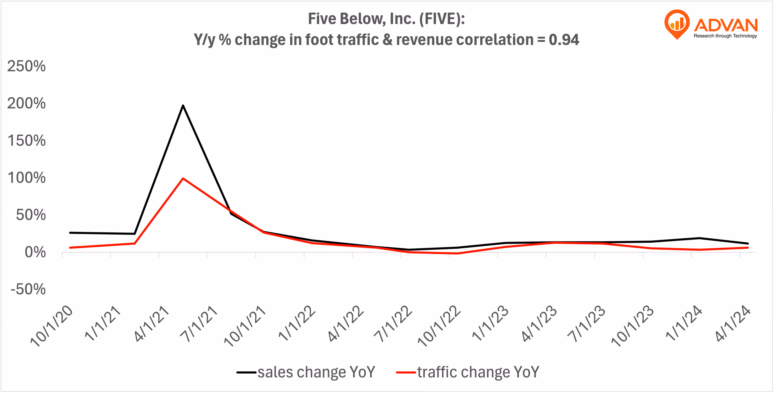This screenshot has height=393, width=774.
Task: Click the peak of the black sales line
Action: [x=183, y=106]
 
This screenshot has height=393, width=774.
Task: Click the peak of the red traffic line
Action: [x=183, y=179]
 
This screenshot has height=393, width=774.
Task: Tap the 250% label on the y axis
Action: [x=26, y=66]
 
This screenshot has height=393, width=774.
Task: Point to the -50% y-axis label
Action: [x=28, y=289]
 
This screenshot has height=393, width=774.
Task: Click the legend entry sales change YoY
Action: [x=316, y=372]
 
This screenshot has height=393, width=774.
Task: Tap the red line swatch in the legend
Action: [x=406, y=372]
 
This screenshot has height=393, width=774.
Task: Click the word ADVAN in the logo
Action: [x=726, y=25]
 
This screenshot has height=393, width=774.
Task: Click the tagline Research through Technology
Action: [x=725, y=36]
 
